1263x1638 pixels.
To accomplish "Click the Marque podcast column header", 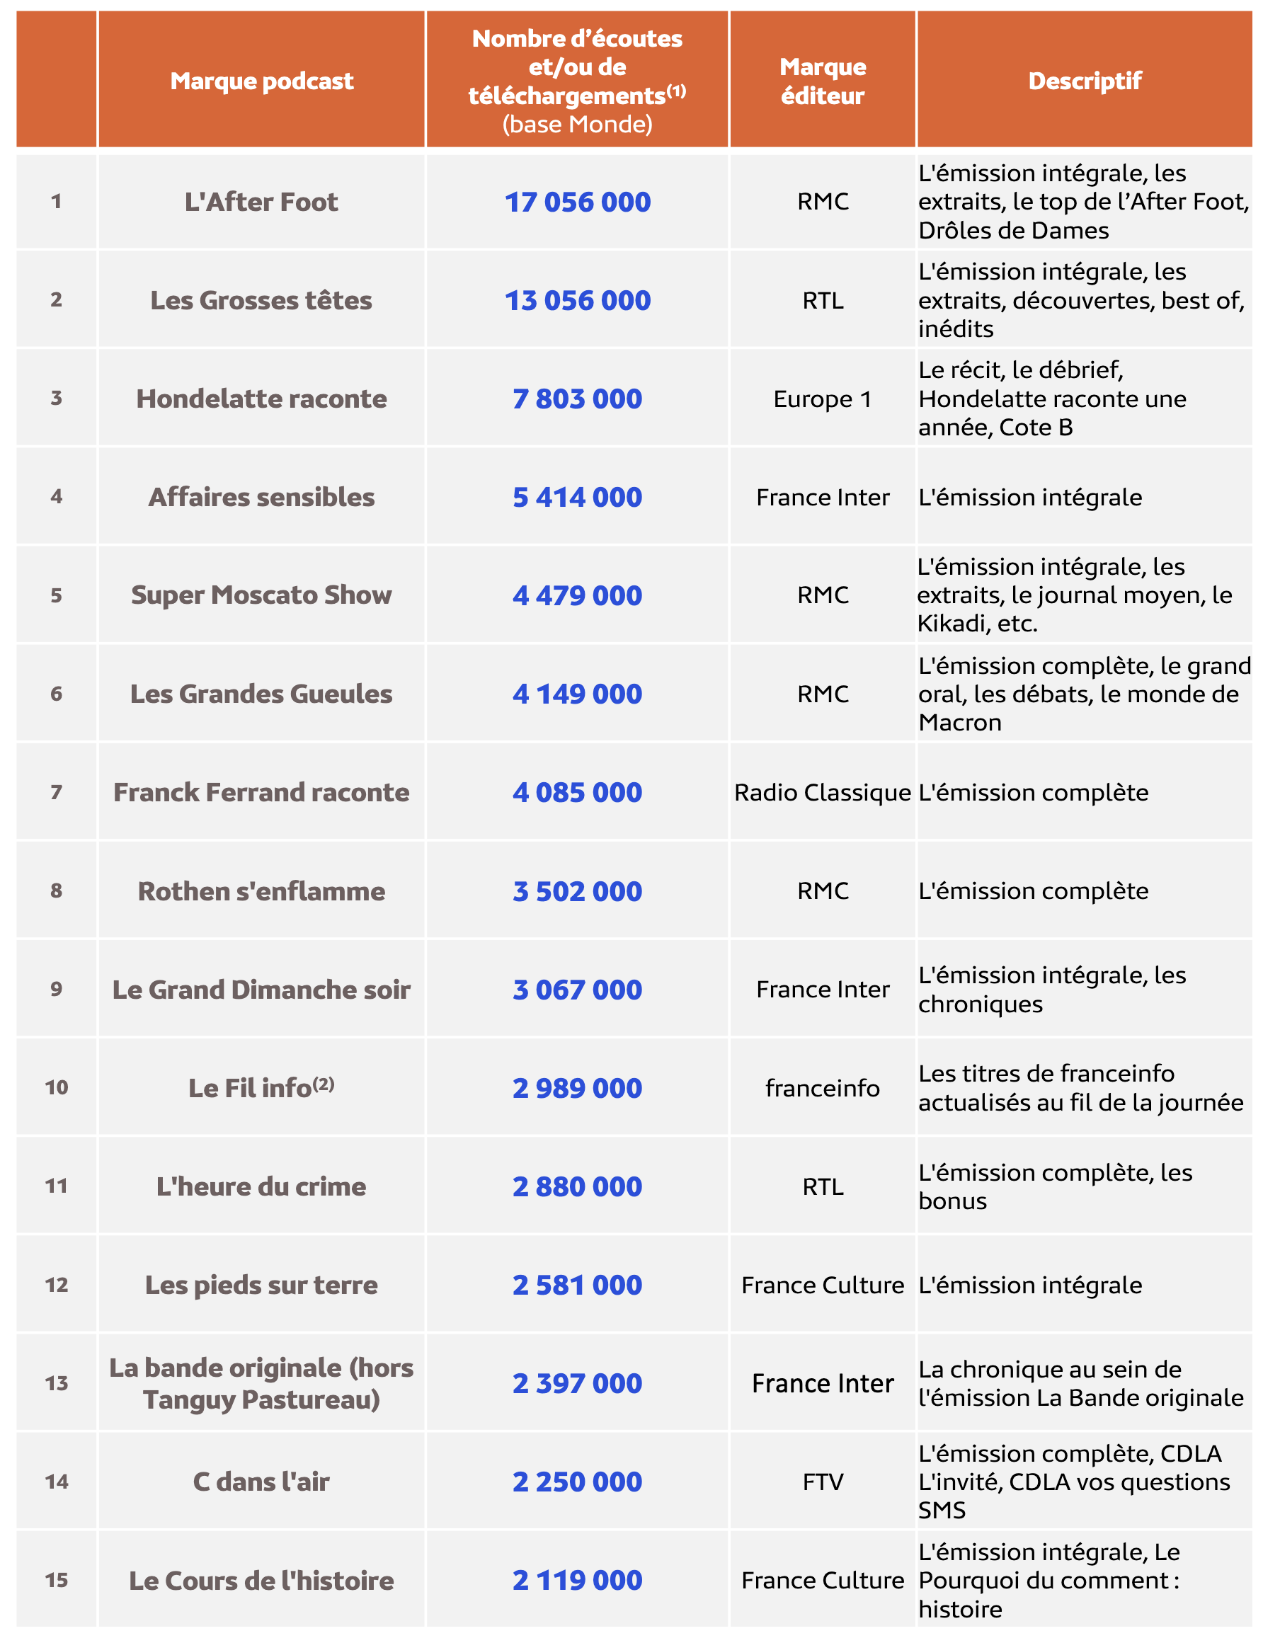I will (261, 80).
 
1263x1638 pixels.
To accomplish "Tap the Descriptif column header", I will (1084, 80).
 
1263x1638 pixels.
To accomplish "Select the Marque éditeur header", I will (822, 80).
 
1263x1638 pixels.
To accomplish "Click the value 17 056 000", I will (577, 202).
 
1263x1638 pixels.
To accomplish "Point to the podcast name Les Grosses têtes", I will (261, 300).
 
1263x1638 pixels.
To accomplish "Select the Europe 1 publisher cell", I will (822, 399).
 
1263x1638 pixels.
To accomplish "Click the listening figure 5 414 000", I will (577, 496).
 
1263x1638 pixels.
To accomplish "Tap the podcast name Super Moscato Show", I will (261, 595).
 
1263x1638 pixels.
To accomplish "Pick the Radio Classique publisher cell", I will (822, 792).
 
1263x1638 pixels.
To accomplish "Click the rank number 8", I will (56, 890).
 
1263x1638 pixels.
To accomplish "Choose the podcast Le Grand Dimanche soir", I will (261, 990).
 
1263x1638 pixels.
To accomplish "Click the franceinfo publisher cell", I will (822, 1087).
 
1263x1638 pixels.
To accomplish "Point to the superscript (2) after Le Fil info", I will (324, 1083).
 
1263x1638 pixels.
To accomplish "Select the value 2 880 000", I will (577, 1186).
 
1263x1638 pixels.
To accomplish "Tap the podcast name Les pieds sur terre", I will (261, 1285).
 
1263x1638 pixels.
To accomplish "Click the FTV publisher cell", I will (822, 1482).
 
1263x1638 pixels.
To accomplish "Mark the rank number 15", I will (56, 1580).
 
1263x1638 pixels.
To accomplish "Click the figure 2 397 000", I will (577, 1383).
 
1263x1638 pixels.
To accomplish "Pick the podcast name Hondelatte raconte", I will (261, 399).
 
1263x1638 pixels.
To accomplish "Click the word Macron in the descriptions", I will (959, 722).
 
